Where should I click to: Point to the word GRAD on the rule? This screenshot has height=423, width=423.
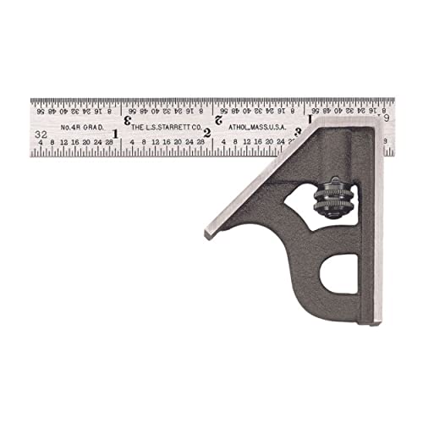click(96, 128)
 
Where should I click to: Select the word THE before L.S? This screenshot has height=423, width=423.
click(136, 128)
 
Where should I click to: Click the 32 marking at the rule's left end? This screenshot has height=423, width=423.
click(41, 134)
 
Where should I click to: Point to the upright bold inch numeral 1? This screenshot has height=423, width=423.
click(115, 133)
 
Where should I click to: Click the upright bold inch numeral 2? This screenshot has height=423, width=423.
click(207, 133)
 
